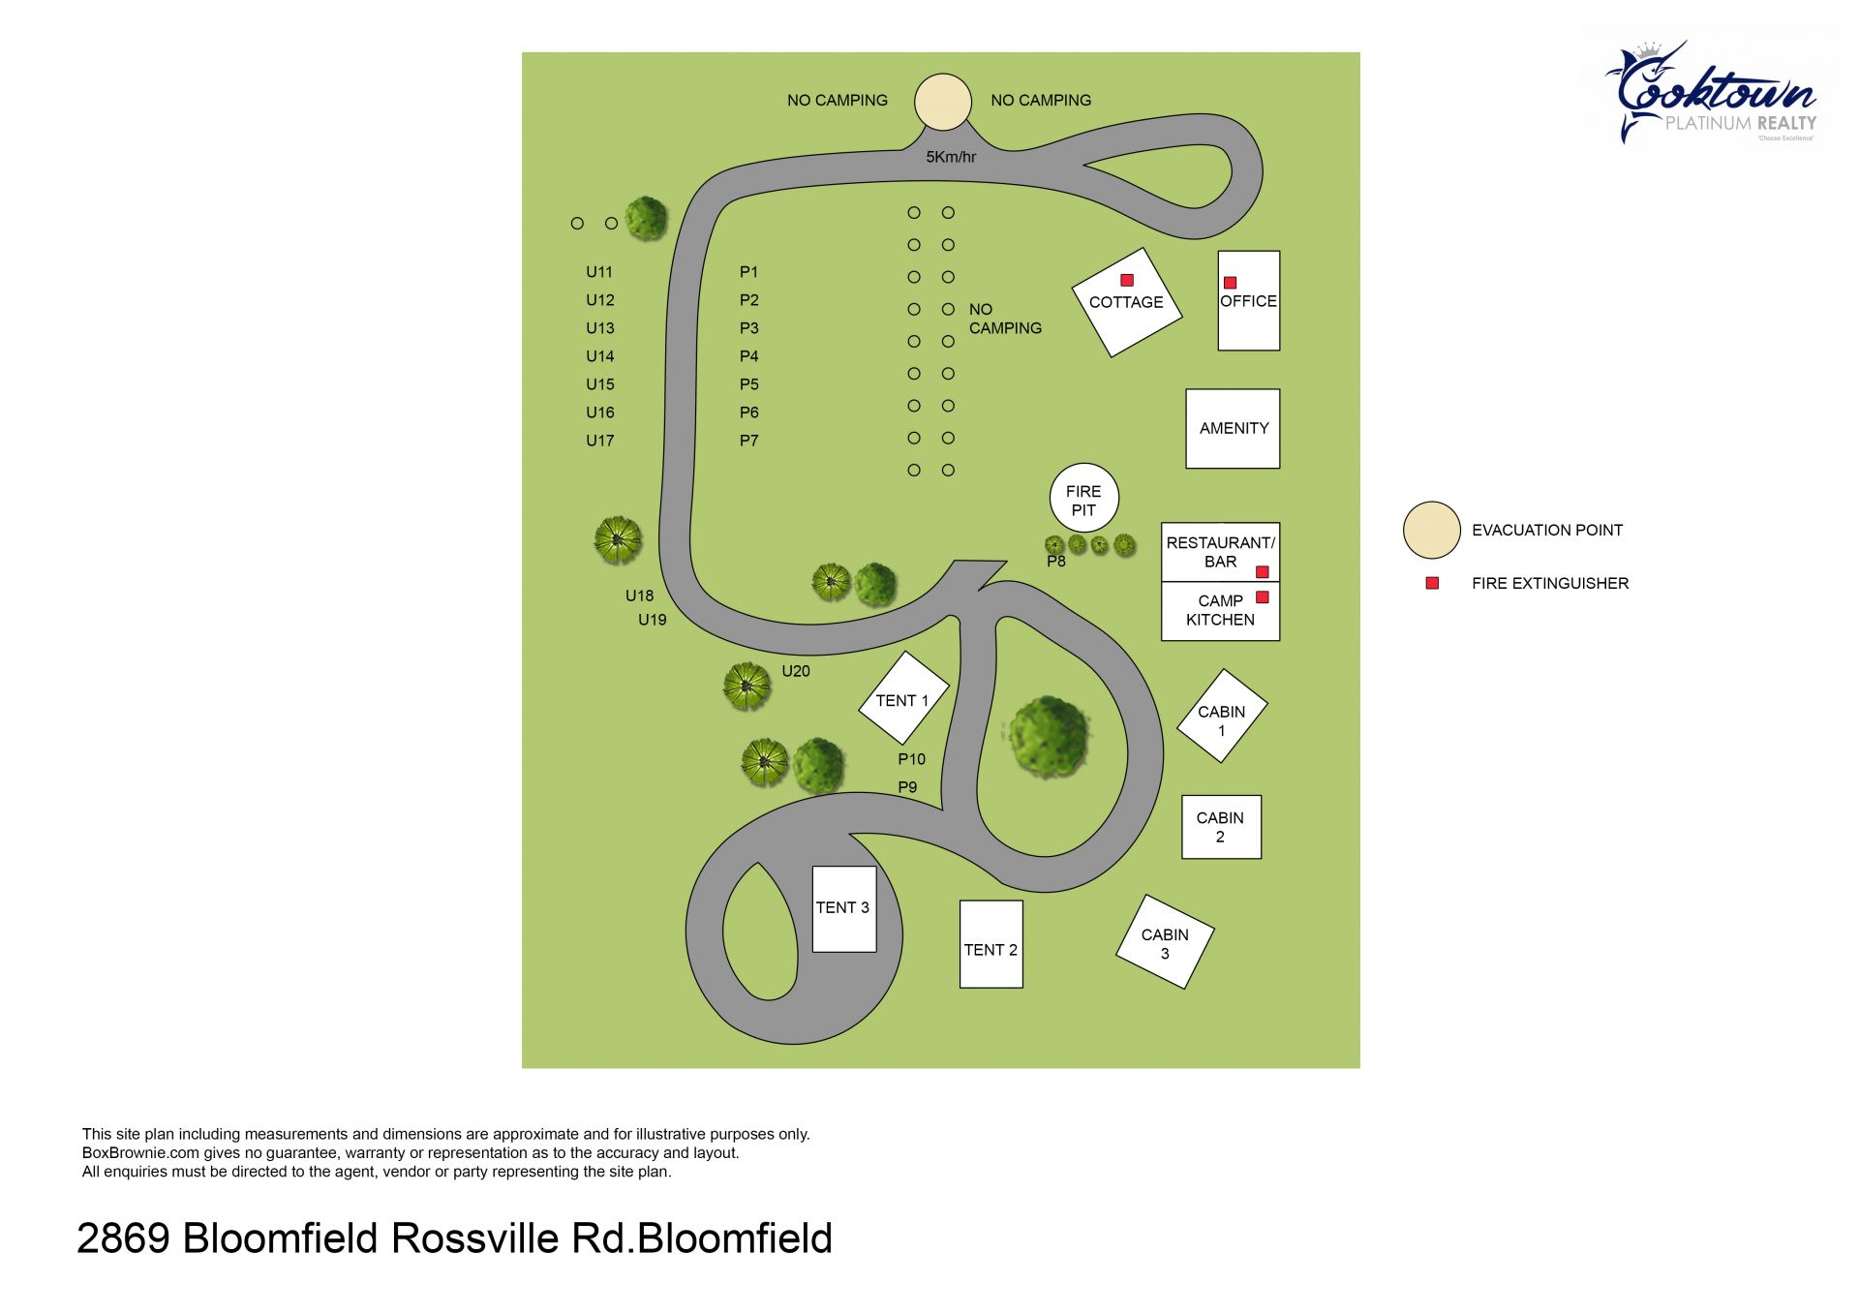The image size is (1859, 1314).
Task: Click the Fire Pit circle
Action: pos(1083,498)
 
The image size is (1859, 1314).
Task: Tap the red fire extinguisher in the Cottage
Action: pos(1127,280)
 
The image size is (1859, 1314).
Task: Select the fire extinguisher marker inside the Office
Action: pos(1230,283)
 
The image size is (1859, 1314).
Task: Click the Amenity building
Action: pos(1233,429)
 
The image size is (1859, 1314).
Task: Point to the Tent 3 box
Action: pos(843,908)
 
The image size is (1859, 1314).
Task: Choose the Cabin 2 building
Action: pos(1221,827)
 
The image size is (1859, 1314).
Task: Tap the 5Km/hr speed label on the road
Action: pos(951,157)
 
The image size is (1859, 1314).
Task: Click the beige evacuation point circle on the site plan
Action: pos(942,102)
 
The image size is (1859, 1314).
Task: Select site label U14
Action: pos(599,356)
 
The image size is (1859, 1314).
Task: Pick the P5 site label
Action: pos(748,384)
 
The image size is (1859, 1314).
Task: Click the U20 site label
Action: pos(795,671)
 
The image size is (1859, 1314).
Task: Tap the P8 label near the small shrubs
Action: pos(1055,562)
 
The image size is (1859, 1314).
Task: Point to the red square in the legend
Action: pos(1432,583)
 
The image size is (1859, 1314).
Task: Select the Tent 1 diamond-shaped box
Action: pos(902,700)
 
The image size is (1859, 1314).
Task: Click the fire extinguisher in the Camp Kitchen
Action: pos(1262,597)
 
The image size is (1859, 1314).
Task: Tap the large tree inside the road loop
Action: pos(1048,733)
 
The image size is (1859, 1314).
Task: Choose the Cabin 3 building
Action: pos(1165,942)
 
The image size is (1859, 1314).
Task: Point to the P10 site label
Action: pos(911,759)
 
